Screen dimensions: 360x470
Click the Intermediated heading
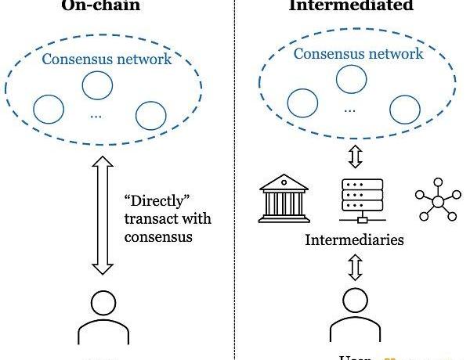tap(352, 5)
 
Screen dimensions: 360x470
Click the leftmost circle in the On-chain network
tap(49, 108)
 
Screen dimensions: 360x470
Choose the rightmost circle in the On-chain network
tap(150, 116)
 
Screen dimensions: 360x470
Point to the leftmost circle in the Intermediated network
tap(303, 102)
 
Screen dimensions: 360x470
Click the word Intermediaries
tap(354, 239)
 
